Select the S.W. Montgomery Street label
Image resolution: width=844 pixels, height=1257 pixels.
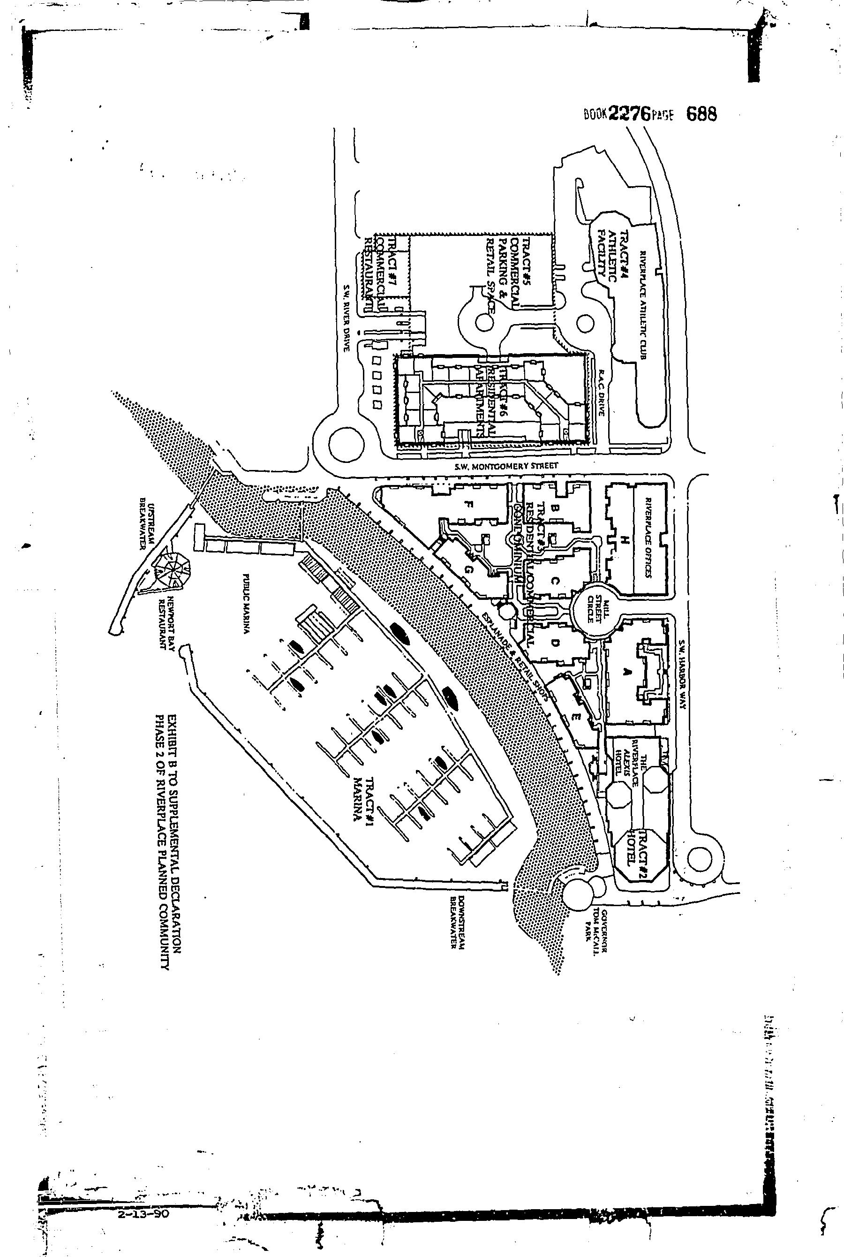coord(506,466)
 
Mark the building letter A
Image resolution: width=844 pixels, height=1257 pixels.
coord(625,671)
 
